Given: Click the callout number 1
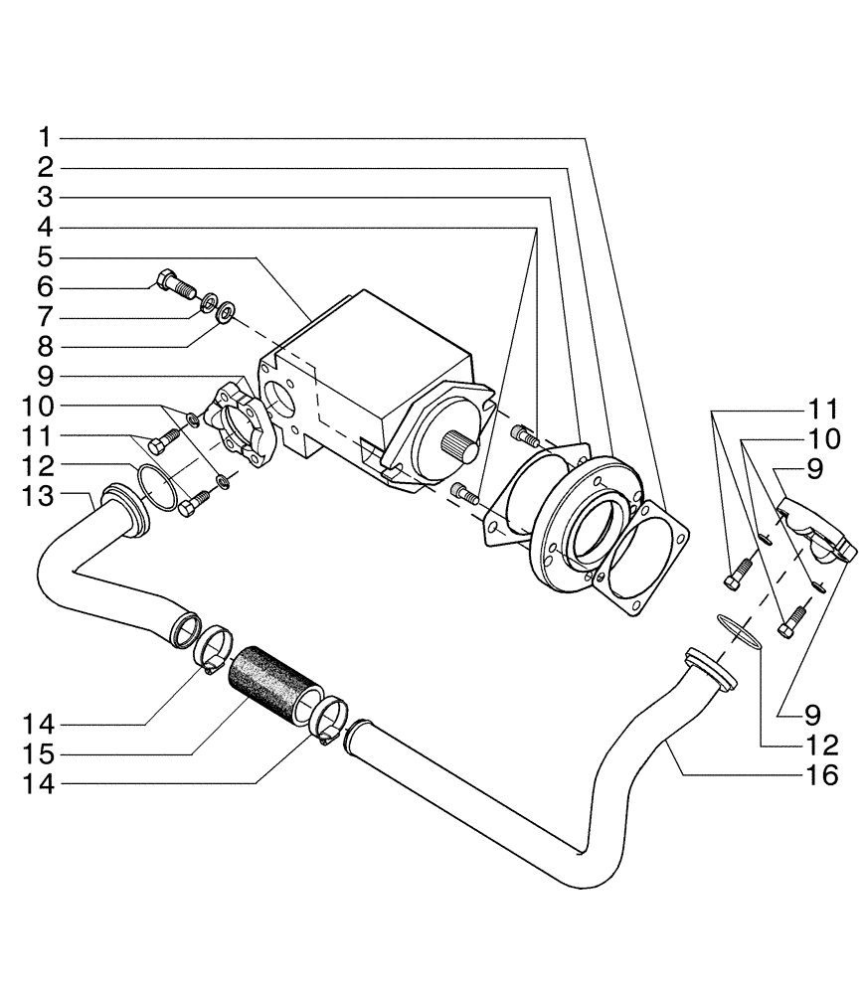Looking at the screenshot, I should [46, 135].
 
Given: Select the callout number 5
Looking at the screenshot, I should [46, 257].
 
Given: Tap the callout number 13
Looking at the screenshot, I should [40, 494].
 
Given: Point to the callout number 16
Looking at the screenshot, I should [822, 774].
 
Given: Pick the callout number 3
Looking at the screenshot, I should [46, 197].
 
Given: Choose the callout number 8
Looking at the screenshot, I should [46, 348].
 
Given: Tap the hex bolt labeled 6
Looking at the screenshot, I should [174, 285].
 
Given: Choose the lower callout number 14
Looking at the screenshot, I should [40, 783].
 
